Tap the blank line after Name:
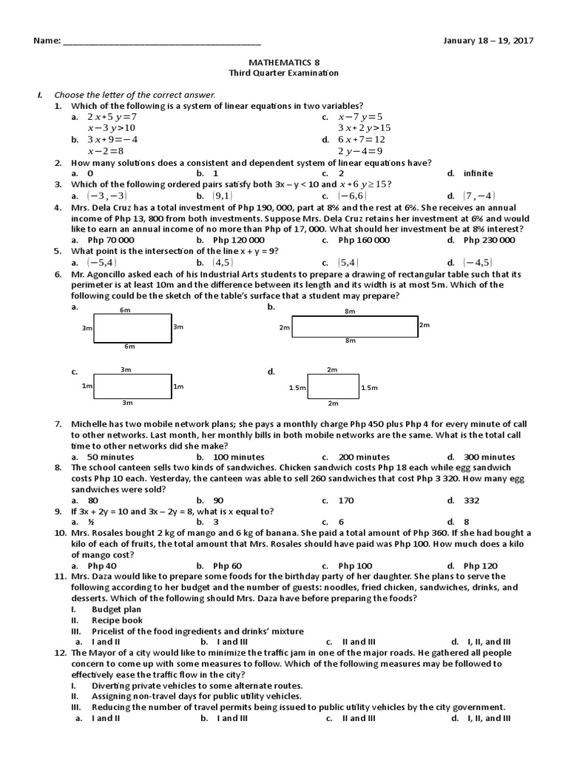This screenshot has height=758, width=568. point(162,41)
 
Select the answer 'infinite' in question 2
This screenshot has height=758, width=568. point(478,173)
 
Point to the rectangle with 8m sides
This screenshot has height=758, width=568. point(354,326)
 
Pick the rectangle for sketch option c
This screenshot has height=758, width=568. point(126,386)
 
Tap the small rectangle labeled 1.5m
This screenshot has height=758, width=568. point(332,387)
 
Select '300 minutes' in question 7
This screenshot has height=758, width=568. point(489,457)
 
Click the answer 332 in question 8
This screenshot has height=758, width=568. point(471,500)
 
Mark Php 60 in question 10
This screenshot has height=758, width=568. point(226,566)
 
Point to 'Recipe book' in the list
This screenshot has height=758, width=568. point(117,620)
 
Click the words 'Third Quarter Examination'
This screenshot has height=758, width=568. point(283,73)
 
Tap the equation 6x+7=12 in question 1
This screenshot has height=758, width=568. point(362,139)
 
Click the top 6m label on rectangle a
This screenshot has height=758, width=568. point(126,310)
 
